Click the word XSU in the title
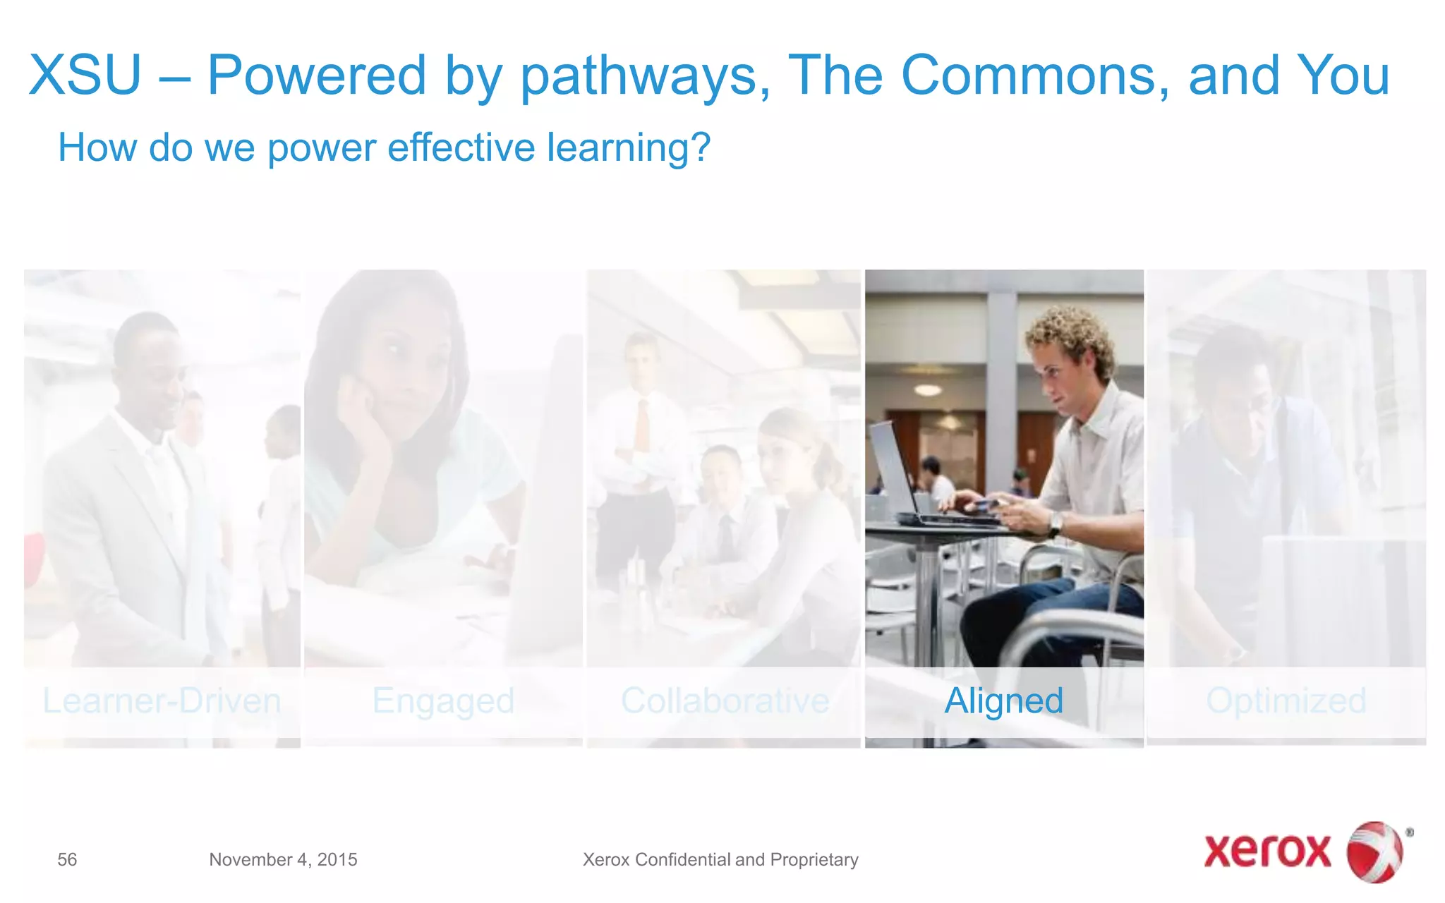[85, 75]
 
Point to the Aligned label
[1003, 701]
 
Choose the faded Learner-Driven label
[162, 701]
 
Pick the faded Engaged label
[443, 701]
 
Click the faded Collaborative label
[725, 701]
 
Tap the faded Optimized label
[1286, 701]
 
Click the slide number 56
[67, 859]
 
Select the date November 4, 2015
[283, 859]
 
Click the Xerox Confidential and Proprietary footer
[720, 859]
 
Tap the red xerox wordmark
[1267, 851]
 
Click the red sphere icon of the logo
[1374, 852]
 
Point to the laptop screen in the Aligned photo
[890, 466]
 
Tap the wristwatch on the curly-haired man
[1055, 523]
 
